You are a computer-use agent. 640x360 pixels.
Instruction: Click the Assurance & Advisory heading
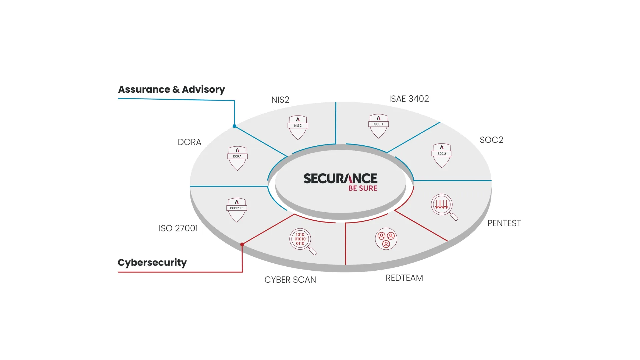[171, 90]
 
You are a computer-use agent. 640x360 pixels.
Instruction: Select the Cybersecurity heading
[152, 263]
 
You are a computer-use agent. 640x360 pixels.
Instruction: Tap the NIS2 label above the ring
[280, 100]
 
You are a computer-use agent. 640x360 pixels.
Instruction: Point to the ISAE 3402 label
[409, 99]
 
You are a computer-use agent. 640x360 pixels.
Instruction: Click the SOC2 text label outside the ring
[491, 140]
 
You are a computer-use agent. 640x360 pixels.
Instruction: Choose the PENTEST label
[504, 223]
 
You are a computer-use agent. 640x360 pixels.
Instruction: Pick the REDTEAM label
[404, 278]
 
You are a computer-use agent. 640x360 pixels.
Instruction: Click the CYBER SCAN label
[290, 280]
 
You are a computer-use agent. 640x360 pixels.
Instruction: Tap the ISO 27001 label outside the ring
[178, 228]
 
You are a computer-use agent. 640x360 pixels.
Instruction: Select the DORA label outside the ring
[189, 142]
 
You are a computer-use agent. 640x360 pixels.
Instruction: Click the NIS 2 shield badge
[298, 127]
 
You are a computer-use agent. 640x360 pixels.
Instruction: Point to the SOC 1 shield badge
[378, 126]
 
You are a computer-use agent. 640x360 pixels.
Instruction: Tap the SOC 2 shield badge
[442, 155]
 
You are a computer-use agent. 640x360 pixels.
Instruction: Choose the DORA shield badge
[237, 158]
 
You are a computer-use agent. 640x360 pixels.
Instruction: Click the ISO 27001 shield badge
[237, 210]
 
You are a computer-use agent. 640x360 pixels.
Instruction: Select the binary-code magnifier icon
[302, 241]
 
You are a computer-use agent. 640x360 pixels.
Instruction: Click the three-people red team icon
[386, 239]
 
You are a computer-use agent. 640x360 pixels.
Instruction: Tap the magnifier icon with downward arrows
[443, 206]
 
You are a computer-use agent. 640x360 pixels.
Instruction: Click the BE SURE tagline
[363, 188]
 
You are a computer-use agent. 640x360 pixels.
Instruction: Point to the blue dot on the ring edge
[234, 126]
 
